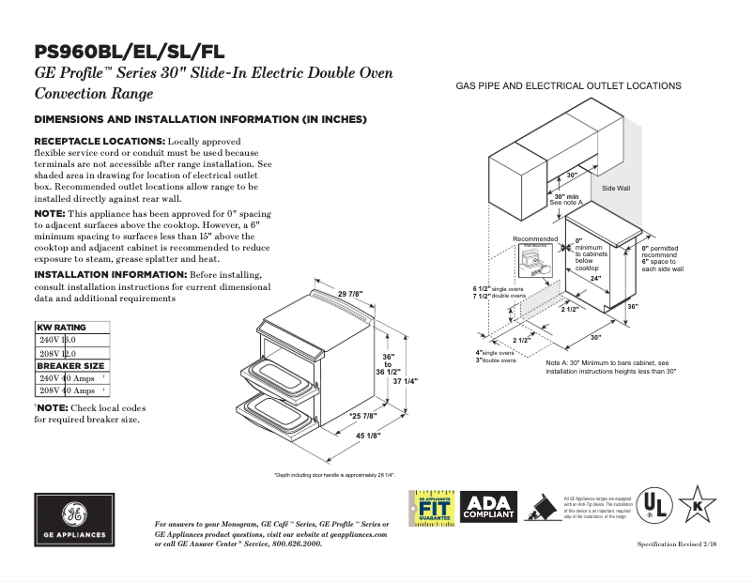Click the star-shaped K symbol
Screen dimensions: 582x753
[698, 506]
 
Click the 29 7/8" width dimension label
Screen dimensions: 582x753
[349, 294]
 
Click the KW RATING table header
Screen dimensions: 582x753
[61, 328]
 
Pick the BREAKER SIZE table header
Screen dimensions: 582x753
[69, 366]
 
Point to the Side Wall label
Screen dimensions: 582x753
[615, 189]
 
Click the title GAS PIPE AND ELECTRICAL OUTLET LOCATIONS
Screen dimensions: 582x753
[568, 85]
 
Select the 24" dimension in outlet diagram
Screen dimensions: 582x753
[595, 278]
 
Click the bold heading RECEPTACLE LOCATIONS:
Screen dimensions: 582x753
[100, 141]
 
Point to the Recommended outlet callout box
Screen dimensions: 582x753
[536, 253]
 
